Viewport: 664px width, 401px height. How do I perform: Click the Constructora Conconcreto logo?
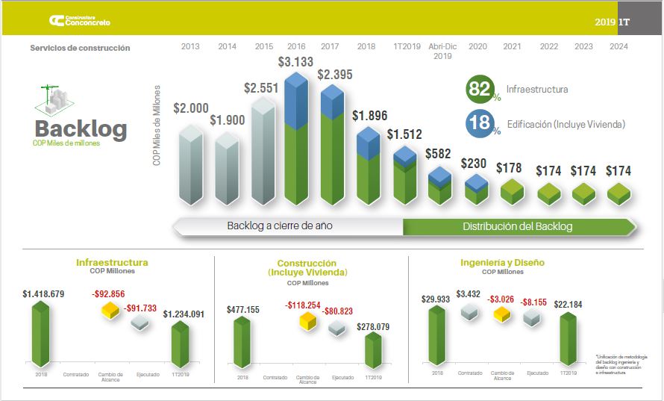click(79, 21)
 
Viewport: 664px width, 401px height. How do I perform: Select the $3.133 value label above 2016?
click(295, 61)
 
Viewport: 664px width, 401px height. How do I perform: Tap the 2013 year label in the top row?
click(190, 46)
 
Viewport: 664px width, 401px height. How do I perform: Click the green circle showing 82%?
click(480, 90)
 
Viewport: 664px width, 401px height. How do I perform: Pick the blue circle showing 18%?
click(480, 124)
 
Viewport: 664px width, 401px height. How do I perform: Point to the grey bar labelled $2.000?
click(190, 165)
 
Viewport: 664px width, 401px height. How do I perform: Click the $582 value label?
click(438, 154)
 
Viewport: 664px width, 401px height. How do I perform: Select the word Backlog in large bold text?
click(81, 128)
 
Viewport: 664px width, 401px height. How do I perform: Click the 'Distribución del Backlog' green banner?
click(517, 226)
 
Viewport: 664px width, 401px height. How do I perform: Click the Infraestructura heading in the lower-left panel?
click(112, 263)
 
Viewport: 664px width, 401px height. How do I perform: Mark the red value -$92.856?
click(108, 294)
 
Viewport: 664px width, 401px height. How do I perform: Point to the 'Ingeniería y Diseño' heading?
click(502, 263)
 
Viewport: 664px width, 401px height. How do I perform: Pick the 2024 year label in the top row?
click(618, 46)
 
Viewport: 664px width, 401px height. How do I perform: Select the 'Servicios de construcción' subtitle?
click(80, 48)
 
